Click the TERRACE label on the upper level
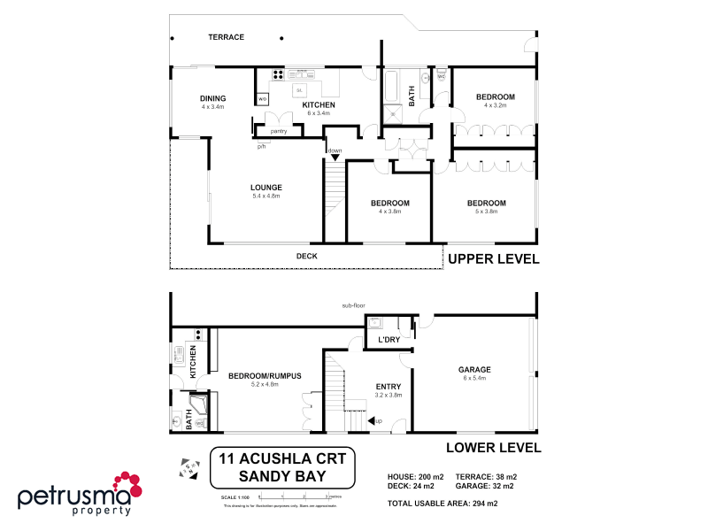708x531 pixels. [x=226, y=37]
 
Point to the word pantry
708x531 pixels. [x=279, y=131]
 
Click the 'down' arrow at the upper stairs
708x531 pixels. [x=335, y=157]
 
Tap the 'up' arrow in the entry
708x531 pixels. [x=373, y=420]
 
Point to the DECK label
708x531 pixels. [x=306, y=257]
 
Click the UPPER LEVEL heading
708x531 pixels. [x=493, y=259]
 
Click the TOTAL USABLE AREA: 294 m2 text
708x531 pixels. [x=442, y=504]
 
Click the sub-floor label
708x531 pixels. [x=354, y=306]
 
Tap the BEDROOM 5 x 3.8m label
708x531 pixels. [x=486, y=206]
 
